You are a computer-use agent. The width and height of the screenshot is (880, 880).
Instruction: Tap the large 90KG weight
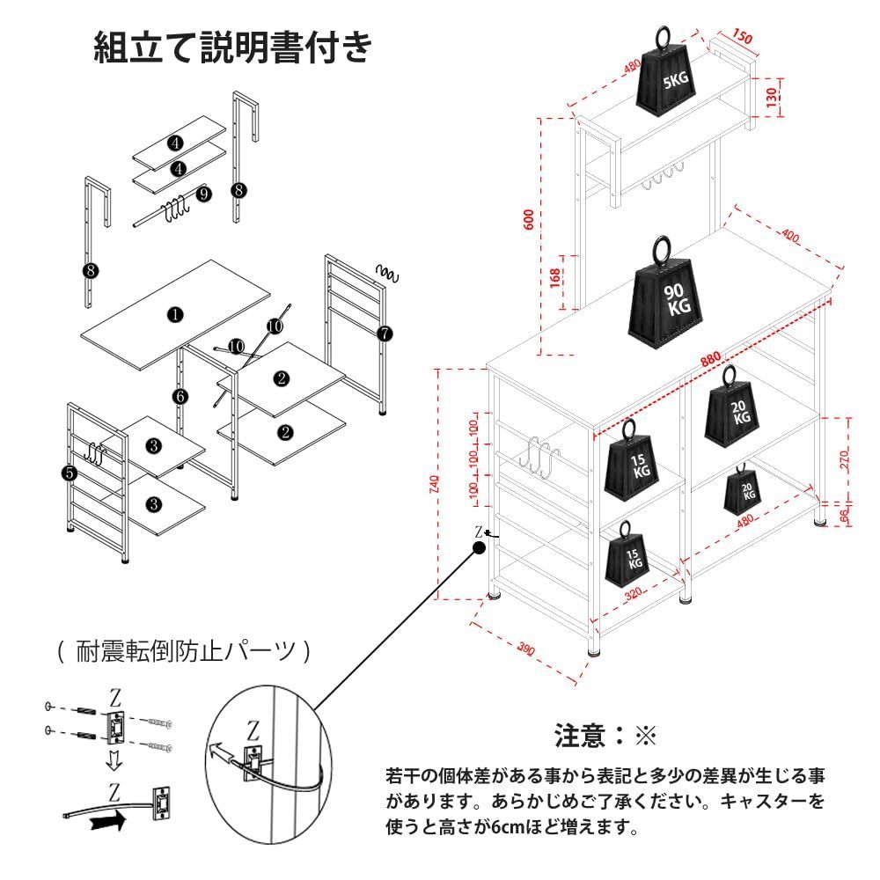coord(665,297)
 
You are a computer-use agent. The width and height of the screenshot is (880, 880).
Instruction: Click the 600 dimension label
coord(528,219)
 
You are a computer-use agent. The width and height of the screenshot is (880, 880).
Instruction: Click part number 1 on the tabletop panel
coord(176,314)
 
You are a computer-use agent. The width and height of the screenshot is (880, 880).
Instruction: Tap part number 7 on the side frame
coord(385,334)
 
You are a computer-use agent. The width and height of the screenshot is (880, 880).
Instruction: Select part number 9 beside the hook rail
coord(203,194)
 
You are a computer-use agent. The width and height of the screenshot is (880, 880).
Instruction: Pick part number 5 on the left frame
coord(70,473)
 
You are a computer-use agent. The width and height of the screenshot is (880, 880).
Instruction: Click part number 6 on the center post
coord(180,397)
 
